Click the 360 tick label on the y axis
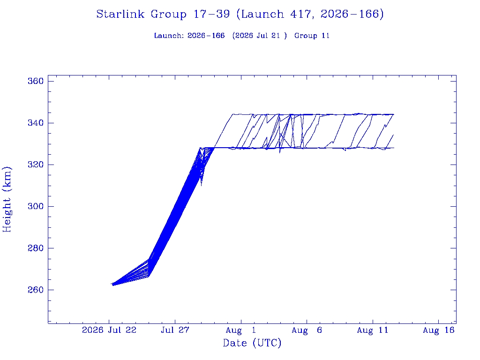pyautogui.click(x=36, y=81)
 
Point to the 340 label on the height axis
pyautogui.click(x=36, y=123)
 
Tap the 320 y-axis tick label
pyautogui.click(x=36, y=165)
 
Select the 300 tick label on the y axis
pyautogui.click(x=36, y=206)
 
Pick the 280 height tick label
pyautogui.click(x=36, y=248)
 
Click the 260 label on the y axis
pyautogui.click(x=36, y=290)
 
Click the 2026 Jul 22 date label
pyautogui.click(x=109, y=330)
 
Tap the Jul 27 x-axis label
pyautogui.click(x=175, y=330)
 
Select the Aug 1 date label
pyautogui.click(x=241, y=330)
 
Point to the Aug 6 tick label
pyautogui.click(x=307, y=330)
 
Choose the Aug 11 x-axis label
pyautogui.click(x=373, y=330)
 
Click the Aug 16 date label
pyautogui.click(x=439, y=330)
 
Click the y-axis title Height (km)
pyautogui.click(x=7, y=199)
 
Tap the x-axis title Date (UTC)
pyautogui.click(x=252, y=343)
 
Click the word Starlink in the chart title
pyautogui.click(x=120, y=14)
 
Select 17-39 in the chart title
pyautogui.click(x=211, y=14)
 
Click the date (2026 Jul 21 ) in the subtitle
pyautogui.click(x=260, y=36)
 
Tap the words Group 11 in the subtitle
pyautogui.click(x=312, y=36)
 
